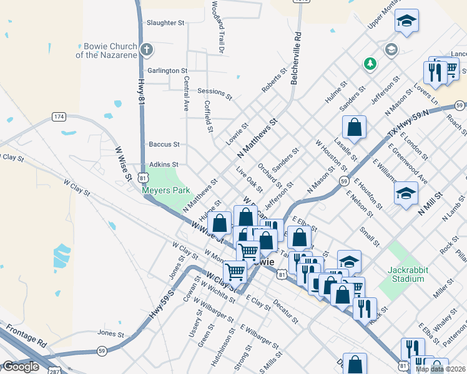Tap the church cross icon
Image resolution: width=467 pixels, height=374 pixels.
click(x=146, y=50)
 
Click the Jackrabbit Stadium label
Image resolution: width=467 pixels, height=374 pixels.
click(x=406, y=274)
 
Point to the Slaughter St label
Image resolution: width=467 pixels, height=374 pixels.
click(x=165, y=23)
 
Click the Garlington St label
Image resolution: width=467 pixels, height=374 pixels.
click(x=167, y=71)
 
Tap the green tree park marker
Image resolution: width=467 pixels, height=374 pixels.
click(x=370, y=64)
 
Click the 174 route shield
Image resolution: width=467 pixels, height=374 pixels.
click(x=59, y=117)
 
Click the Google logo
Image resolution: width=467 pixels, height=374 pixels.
click(x=21, y=367)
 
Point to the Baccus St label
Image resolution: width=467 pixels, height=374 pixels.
click(x=164, y=144)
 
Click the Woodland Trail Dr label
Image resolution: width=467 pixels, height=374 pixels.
click(x=217, y=26)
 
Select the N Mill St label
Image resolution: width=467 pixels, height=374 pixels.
click(x=430, y=203)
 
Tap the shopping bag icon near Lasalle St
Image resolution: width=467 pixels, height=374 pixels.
click(x=354, y=127)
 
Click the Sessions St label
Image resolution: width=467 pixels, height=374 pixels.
click(x=214, y=94)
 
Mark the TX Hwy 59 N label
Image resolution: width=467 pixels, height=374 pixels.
click(x=409, y=122)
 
